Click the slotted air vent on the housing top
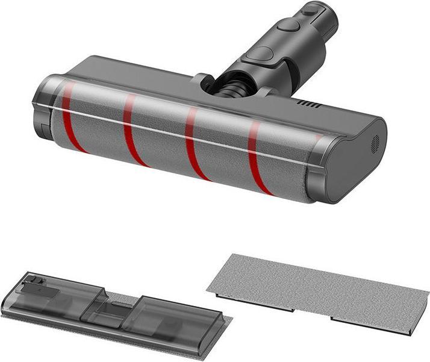pos(308,105)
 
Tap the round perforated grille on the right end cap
pos(375,143)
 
